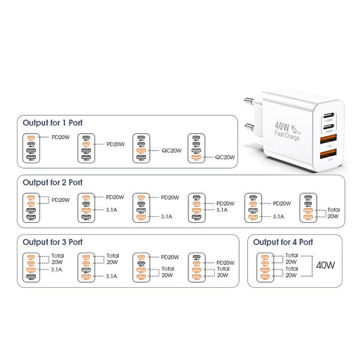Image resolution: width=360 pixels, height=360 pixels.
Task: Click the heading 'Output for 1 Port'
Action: [x=53, y=123]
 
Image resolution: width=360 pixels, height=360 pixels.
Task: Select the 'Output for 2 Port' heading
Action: [x=53, y=182]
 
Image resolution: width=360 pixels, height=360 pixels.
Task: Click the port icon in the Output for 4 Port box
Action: [x=267, y=266]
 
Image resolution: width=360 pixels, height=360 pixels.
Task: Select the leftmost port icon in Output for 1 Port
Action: [x=31, y=147]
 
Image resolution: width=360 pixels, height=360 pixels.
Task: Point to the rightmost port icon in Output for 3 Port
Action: [x=196, y=266]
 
